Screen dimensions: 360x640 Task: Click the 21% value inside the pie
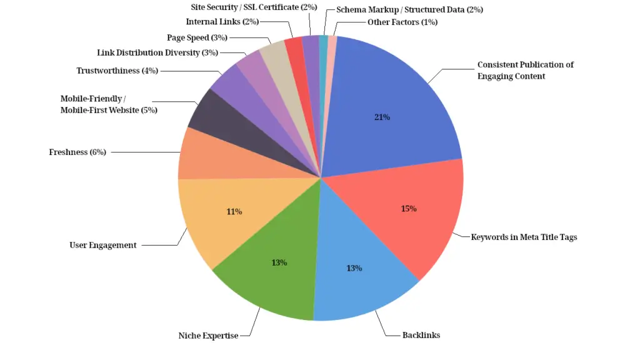click(382, 117)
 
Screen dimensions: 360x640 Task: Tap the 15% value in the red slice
click(409, 208)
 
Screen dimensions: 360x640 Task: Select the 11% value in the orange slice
click(234, 212)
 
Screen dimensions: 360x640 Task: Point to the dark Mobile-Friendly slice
click(212, 116)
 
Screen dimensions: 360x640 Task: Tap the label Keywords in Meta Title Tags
click(524, 237)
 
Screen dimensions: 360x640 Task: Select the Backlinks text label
click(421, 335)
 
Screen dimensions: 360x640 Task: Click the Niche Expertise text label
click(208, 336)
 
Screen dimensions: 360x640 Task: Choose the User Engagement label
click(102, 245)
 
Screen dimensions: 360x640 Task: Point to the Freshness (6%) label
click(78, 152)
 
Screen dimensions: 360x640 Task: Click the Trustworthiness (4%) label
click(117, 71)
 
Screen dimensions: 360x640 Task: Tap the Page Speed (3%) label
click(197, 38)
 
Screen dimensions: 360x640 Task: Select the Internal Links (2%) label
click(222, 22)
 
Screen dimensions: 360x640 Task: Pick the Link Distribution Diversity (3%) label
click(157, 52)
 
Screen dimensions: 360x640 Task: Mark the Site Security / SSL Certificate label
click(254, 7)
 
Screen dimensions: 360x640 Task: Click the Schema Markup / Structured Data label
click(409, 9)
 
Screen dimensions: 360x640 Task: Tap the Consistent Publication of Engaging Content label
click(525, 70)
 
